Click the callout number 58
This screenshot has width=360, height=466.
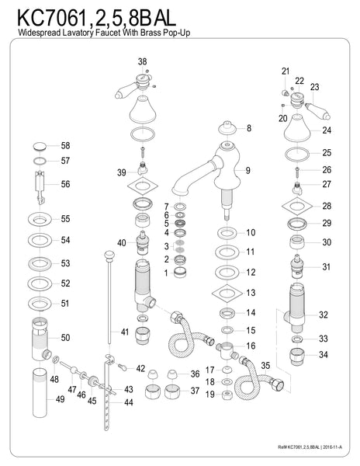(x=65, y=146)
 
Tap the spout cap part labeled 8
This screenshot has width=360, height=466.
(x=227, y=128)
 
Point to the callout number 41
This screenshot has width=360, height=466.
(x=125, y=332)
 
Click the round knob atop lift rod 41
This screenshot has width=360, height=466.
(x=109, y=255)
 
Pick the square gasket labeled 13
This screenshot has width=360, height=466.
(x=227, y=294)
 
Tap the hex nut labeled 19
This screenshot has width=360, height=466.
(x=227, y=395)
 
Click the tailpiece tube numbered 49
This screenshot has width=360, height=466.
(x=40, y=392)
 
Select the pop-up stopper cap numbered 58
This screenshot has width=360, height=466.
(x=40, y=146)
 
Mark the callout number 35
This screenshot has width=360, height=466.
(x=265, y=365)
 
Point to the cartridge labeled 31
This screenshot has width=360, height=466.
(x=297, y=266)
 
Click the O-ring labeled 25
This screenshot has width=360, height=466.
(x=297, y=154)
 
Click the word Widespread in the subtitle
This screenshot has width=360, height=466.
(x=40, y=33)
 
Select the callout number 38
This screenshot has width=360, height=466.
(x=142, y=61)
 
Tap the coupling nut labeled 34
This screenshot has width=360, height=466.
(x=297, y=356)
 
